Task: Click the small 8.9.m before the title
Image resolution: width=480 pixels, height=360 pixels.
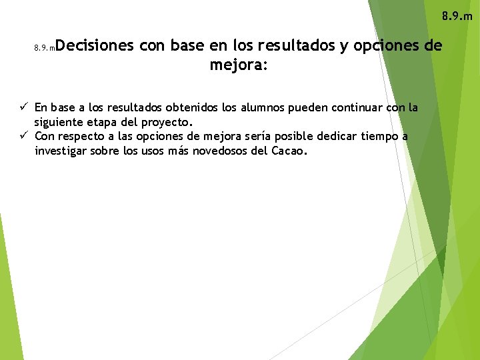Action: (x=43, y=48)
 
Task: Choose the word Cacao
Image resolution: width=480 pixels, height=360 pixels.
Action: (x=290, y=151)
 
